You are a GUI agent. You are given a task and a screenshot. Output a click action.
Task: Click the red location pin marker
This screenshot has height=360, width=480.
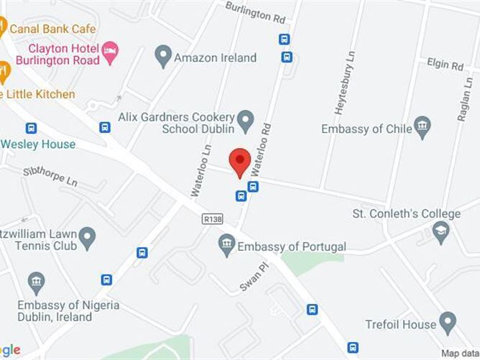239,161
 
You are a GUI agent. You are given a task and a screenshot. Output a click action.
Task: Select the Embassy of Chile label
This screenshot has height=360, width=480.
366,129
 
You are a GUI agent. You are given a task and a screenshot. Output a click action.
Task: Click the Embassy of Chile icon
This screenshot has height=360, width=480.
423,128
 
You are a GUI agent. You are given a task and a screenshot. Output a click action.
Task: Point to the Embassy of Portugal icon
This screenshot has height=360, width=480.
226,246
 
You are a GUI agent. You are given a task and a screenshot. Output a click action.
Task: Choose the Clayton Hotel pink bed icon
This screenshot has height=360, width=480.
110,50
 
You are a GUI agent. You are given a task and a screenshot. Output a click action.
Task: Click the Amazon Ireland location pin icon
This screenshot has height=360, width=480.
163,57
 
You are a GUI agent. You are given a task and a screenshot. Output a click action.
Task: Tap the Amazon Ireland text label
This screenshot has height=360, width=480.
215,57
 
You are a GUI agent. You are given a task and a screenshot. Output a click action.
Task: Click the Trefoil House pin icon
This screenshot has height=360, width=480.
448,323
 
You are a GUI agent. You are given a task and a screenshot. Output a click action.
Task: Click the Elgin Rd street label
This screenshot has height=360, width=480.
446,65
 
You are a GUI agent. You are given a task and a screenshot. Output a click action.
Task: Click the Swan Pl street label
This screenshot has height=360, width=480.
252,276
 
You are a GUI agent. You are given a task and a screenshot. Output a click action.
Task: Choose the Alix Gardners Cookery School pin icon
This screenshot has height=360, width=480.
246,120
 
